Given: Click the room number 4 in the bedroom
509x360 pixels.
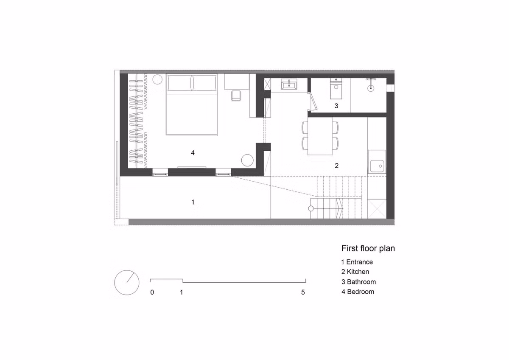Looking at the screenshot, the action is pyautogui.click(x=193, y=153).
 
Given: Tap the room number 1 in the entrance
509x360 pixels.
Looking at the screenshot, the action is pyautogui.click(x=193, y=202).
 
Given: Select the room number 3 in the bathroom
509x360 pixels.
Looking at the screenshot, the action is pyautogui.click(x=336, y=106).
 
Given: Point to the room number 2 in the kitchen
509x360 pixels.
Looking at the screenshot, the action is pyautogui.click(x=336, y=166).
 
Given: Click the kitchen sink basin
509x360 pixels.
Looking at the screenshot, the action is pyautogui.click(x=377, y=166).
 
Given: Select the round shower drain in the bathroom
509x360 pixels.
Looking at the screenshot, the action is pyautogui.click(x=371, y=88).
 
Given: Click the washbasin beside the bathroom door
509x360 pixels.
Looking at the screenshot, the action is pyautogui.click(x=288, y=84).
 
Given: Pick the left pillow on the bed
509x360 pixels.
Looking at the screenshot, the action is pyautogui.click(x=179, y=83).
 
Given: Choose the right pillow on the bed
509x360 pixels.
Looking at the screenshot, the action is pyautogui.click(x=204, y=83).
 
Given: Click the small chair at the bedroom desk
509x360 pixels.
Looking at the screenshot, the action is pyautogui.click(x=236, y=96).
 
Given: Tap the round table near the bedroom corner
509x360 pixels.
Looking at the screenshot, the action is pyautogui.click(x=247, y=160).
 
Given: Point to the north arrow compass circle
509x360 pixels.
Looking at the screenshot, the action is pyautogui.click(x=127, y=282).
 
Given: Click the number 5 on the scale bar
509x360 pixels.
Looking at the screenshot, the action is pyautogui.click(x=303, y=292).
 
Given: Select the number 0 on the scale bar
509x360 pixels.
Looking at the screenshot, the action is pyautogui.click(x=152, y=292).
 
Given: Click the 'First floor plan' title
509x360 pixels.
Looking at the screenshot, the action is pyautogui.click(x=368, y=248).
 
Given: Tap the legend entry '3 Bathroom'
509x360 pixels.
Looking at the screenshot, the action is pyautogui.click(x=358, y=282).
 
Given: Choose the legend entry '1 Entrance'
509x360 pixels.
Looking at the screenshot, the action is pyautogui.click(x=357, y=262).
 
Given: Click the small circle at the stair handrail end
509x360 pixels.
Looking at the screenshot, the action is pyautogui.click(x=310, y=208).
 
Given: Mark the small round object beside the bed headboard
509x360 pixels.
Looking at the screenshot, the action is pyautogui.click(x=157, y=79).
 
